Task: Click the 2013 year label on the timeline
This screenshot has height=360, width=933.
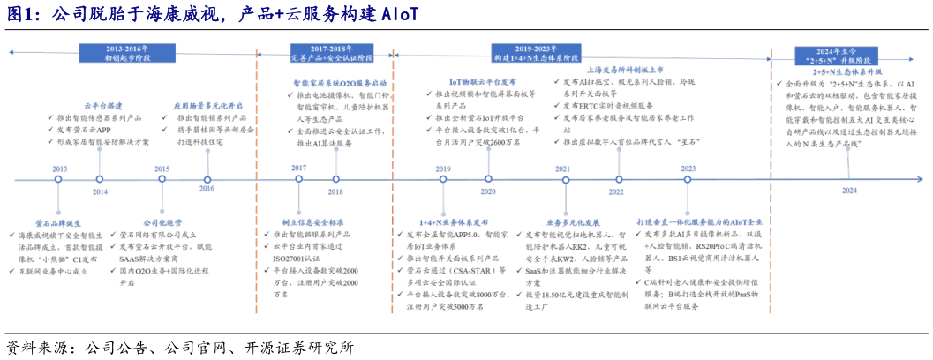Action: pyautogui.click(x=59, y=169)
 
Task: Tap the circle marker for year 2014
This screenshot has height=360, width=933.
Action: pyautogui.click(x=100, y=179)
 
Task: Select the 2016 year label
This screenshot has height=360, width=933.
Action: pyautogui.click(x=207, y=189)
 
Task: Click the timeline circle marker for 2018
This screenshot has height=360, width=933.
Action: pyautogui.click(x=335, y=179)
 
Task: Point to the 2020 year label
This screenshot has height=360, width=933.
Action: pyautogui.click(x=487, y=191)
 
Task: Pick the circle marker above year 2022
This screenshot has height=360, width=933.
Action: pyautogui.click(x=615, y=179)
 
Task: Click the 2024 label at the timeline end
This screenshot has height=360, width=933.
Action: pyautogui.click(x=848, y=191)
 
